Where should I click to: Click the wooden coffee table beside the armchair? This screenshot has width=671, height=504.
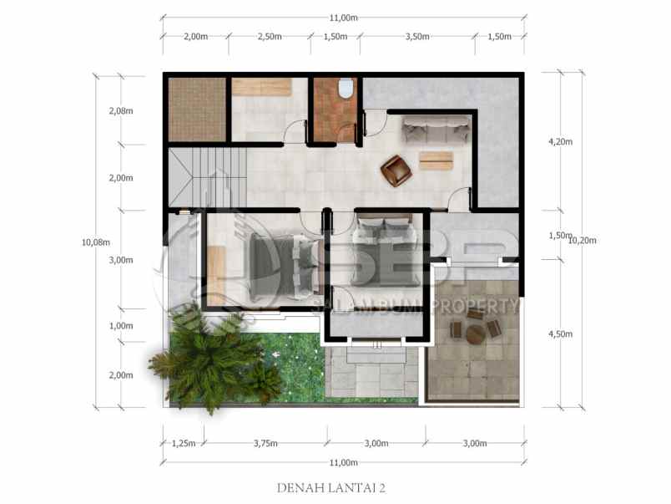pos(436,160)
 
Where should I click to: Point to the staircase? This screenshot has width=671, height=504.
pos(209,176)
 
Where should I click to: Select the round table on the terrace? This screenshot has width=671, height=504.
pos(476,333)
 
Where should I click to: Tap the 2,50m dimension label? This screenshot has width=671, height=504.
pos(269,37)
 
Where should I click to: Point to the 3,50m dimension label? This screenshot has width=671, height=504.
pos(416,37)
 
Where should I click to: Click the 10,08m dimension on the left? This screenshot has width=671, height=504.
pos(95,242)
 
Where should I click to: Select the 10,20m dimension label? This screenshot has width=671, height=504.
pos(582,241)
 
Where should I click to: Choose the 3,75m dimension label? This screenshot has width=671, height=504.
pos(265,443)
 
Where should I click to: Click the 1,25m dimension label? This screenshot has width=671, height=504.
pos(182,443)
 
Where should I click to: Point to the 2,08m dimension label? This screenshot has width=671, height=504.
pos(121,111)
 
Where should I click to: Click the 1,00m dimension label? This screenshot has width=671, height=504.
pos(121,325)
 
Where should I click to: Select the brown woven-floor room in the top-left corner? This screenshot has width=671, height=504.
pos(197,109)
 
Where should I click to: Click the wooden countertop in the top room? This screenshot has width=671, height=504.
pos(261,86)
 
